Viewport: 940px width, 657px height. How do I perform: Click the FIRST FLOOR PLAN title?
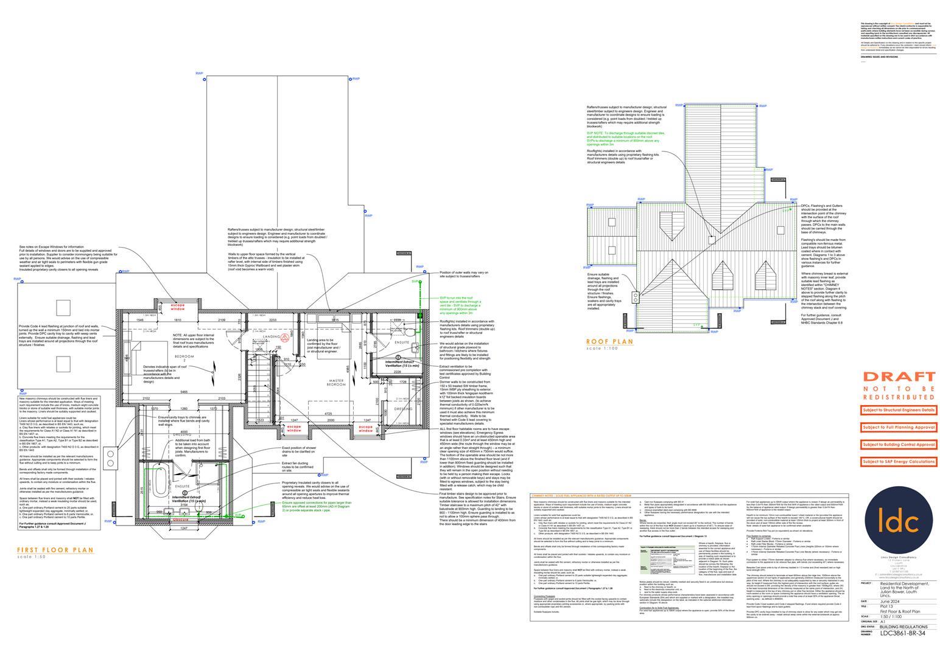click(x=55, y=550)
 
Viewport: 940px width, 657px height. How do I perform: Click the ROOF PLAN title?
click(x=609, y=342)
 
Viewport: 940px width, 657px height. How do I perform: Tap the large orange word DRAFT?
click(x=899, y=377)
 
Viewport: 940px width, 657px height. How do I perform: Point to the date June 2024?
click(x=892, y=601)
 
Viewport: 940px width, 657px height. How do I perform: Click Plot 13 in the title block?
click(x=889, y=607)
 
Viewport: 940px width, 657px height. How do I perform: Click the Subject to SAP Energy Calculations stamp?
click(x=898, y=462)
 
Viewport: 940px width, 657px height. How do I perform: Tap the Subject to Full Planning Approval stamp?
click(x=898, y=428)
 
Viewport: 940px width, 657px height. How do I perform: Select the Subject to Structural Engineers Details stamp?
click(x=898, y=410)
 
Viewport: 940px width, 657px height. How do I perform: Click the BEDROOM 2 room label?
click(x=185, y=358)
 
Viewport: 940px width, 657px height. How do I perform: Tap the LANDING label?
click(x=271, y=336)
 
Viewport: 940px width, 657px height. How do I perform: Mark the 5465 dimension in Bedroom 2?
click(x=179, y=391)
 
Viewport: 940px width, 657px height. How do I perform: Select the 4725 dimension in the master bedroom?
click(x=331, y=414)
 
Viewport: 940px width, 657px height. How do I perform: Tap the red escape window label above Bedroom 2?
click(x=177, y=307)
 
